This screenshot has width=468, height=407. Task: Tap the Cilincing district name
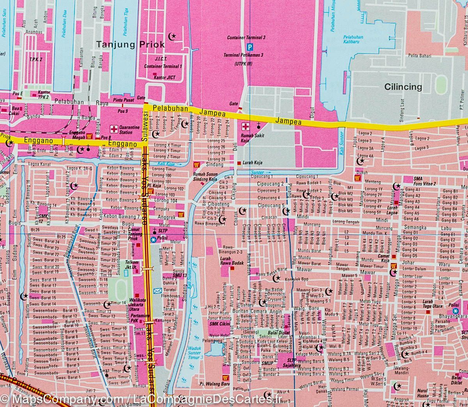(x=403, y=86)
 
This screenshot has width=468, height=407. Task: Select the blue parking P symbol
(x=250, y=47)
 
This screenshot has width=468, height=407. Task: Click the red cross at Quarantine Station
(x=114, y=128)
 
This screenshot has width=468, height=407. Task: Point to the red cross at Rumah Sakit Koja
(x=246, y=127)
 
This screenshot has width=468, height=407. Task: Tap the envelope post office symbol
(x=158, y=291)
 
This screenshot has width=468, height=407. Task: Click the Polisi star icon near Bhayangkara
(x=456, y=310)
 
